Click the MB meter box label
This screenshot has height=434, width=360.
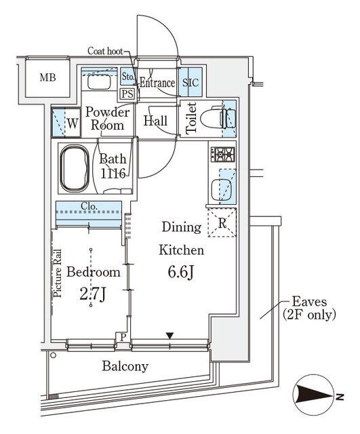click(x=47, y=77)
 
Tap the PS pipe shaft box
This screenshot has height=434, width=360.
click(x=127, y=94)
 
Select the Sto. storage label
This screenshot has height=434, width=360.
click(x=128, y=77)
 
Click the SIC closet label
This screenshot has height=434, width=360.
click(x=191, y=82)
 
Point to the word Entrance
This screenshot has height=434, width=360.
click(x=157, y=83)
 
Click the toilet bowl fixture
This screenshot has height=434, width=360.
click(x=218, y=119)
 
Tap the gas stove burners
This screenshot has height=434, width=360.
click(x=223, y=155)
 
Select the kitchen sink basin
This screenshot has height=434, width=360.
click(x=221, y=190)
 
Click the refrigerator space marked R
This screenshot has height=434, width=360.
click(x=222, y=223)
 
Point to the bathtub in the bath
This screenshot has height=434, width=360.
click(x=75, y=169)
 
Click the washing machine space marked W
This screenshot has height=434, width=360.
click(x=66, y=123)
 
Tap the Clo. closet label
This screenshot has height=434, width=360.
click(x=89, y=206)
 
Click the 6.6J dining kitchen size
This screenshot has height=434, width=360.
click(x=181, y=273)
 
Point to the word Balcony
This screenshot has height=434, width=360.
click(x=125, y=366)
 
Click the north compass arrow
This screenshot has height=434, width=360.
click(x=315, y=394)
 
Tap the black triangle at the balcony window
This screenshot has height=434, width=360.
click(x=169, y=336)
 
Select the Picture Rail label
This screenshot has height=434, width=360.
click(x=58, y=273)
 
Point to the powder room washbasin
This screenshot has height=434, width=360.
click(x=100, y=82)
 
